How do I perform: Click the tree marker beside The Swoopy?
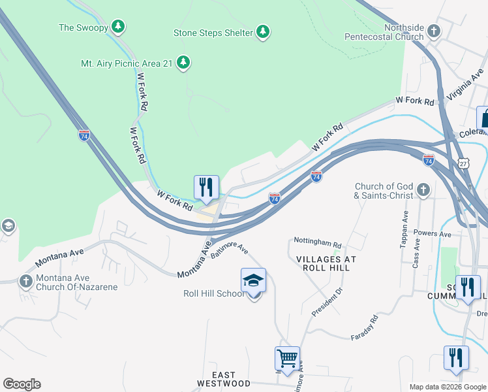point(117,27)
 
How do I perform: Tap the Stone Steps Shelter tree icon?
point(262,32)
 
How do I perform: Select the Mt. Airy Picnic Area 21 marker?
point(185,63)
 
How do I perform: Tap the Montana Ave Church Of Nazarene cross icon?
point(25,282)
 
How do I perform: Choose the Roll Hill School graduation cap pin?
point(254,282)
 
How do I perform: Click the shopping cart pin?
point(288,359)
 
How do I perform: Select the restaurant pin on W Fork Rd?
point(206,188)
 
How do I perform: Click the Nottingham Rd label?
point(318,242)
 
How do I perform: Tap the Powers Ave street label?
point(436,233)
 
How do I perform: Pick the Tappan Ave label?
point(404,229)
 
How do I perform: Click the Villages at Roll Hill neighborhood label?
point(326,263)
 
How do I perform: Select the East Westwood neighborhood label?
point(223,379)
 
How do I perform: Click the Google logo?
point(22,384)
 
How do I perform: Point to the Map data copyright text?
point(447,387)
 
